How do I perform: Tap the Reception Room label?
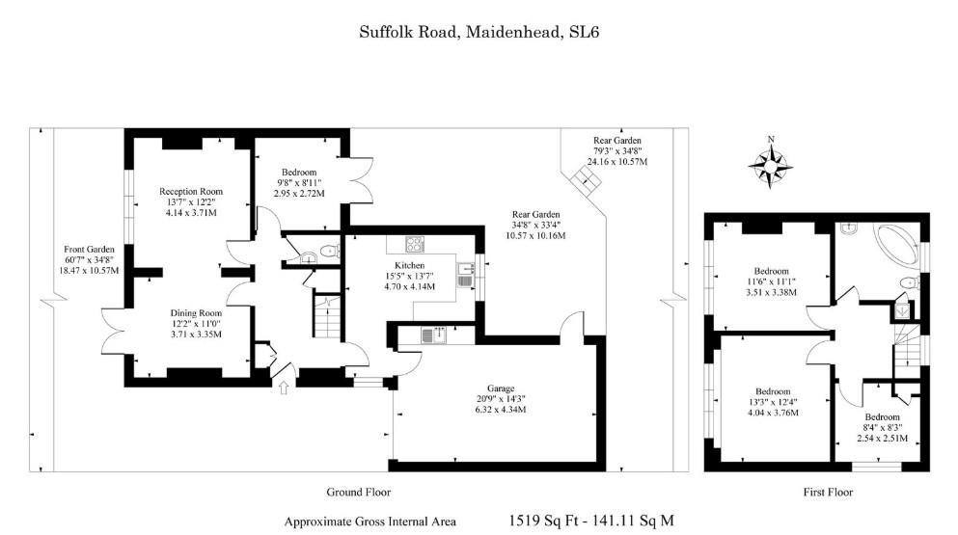point(191,191)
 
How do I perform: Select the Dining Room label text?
point(196,313)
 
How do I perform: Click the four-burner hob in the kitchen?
point(418,245)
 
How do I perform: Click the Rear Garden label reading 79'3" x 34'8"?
point(616,141)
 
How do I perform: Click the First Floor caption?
point(828,492)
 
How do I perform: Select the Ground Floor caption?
point(358,492)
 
